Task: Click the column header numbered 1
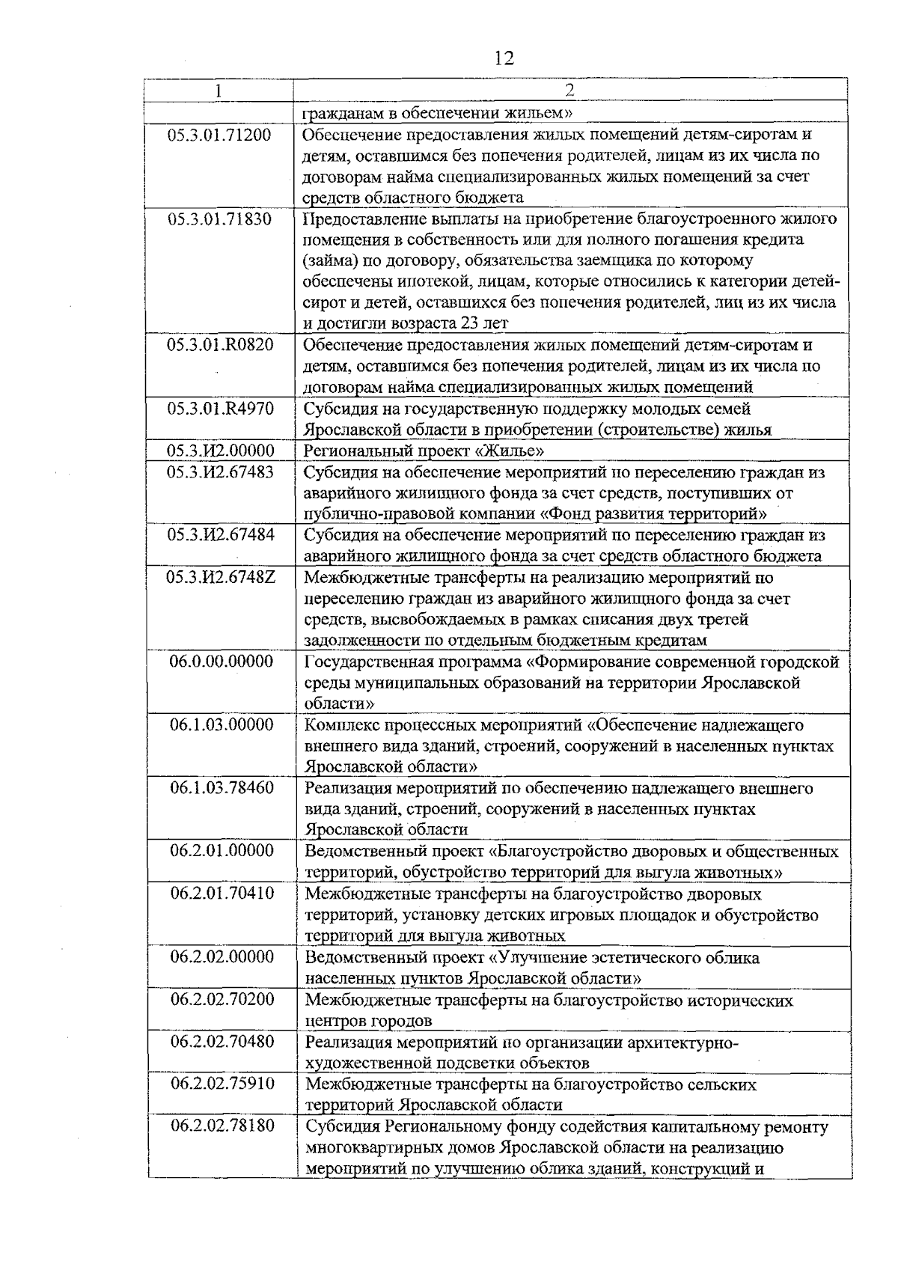tap(219, 91)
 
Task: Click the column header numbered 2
tap(569, 91)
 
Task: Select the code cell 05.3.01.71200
tap(220, 135)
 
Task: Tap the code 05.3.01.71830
tap(220, 219)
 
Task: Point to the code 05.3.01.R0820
tap(220, 345)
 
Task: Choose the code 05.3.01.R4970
tap(220, 409)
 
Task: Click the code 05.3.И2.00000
tap(220, 451)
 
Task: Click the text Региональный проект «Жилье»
tap(424, 451)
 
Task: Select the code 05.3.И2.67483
tap(220, 472)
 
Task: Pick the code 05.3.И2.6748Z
tap(220, 578)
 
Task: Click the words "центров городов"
tap(368, 1021)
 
